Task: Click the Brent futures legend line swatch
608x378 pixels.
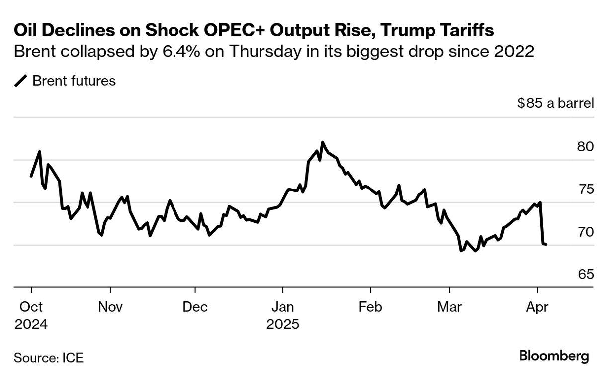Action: (21, 81)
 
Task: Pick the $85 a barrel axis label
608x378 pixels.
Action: (555, 104)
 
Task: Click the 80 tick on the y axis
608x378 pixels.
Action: (585, 147)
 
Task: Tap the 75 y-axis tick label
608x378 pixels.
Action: (585, 189)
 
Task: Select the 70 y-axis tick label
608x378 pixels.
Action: (585, 232)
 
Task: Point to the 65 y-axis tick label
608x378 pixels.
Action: (585, 274)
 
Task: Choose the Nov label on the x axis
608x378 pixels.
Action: (110, 307)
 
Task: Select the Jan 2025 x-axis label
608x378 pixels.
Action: (283, 316)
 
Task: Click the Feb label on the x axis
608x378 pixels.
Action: (370, 307)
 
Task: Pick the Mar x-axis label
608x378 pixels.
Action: (449, 307)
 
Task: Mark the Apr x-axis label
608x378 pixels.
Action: (537, 307)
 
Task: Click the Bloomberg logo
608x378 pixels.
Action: (554, 356)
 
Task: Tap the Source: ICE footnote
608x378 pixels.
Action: (48, 357)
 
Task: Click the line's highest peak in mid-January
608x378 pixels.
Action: (323, 142)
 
